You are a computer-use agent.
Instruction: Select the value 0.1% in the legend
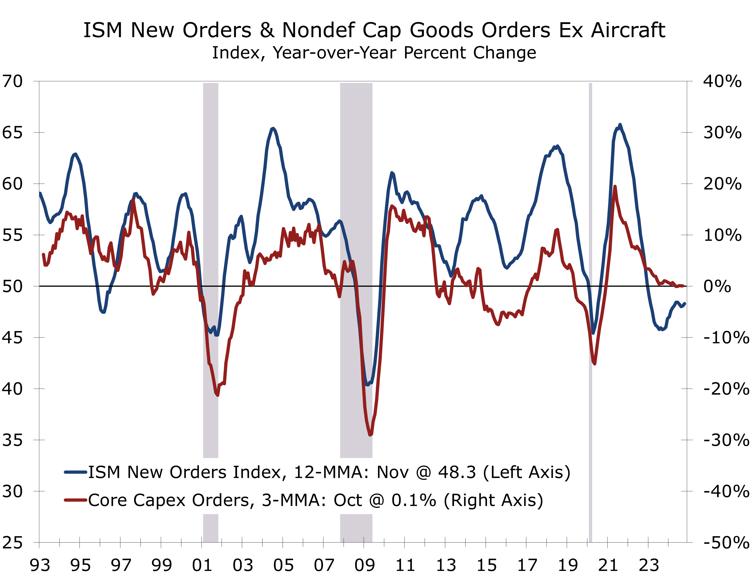414,500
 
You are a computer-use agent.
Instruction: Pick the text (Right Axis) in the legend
493,500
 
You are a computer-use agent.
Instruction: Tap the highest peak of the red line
615,187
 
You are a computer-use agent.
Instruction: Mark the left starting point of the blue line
40,193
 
